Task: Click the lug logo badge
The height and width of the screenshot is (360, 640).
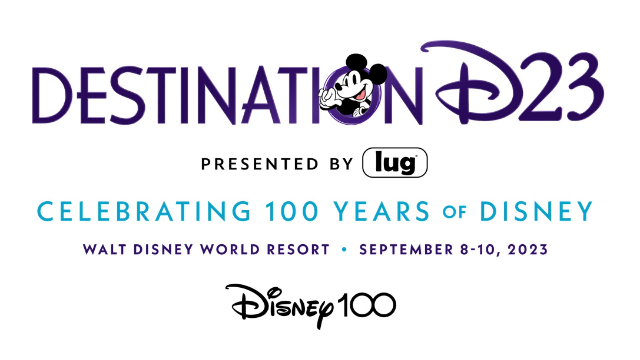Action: click(x=395, y=163)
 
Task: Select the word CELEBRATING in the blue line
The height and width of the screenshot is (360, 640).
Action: click(x=144, y=211)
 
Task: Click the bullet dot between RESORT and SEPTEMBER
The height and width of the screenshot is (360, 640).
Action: click(x=344, y=250)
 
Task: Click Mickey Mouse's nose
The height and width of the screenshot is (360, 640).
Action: click(x=338, y=86)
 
